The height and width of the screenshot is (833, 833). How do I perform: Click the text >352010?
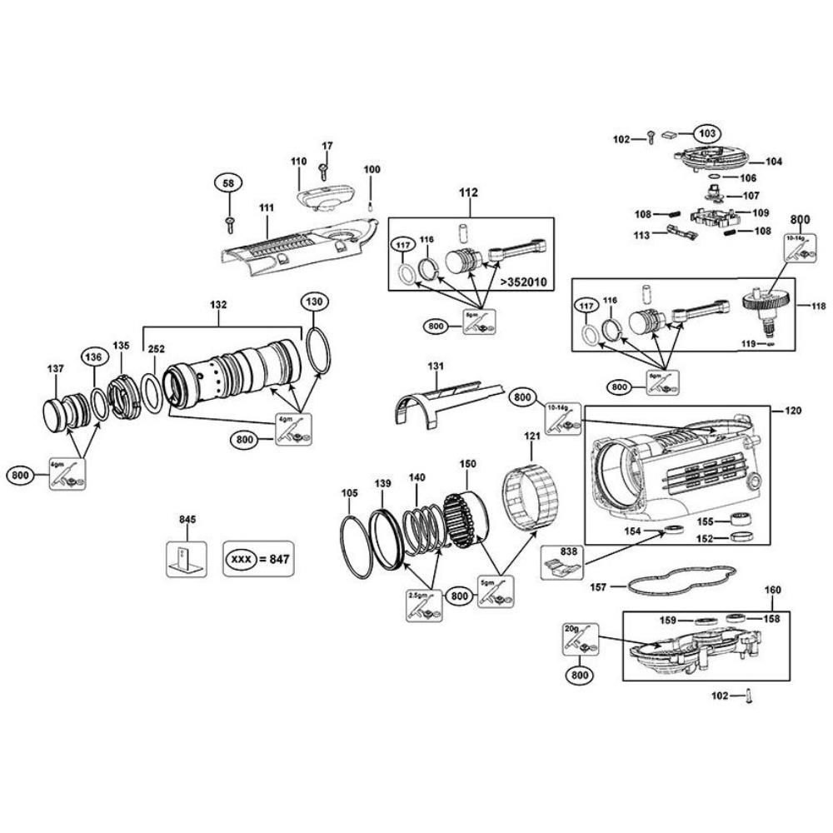pos(524,282)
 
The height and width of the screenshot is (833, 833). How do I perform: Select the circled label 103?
pos(706,133)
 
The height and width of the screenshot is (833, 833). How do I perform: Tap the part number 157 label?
pos(597,587)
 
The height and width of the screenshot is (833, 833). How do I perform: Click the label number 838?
pos(568,551)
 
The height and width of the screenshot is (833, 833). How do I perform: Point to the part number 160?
pos(773,590)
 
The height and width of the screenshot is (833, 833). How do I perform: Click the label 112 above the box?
pos(469,192)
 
